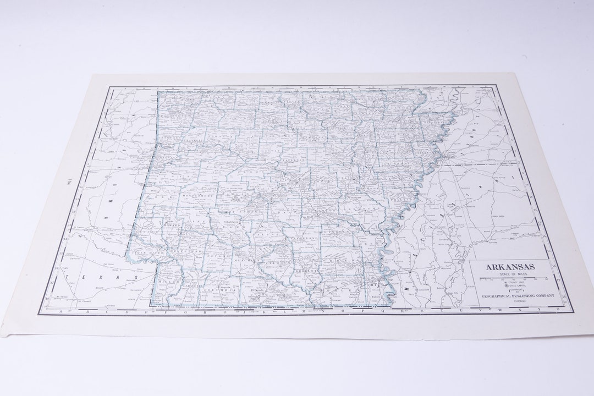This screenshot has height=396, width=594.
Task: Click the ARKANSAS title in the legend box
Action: coord(510,267)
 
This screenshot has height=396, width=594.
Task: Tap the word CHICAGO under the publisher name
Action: coord(520,302)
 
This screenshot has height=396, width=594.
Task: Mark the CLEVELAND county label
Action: coord(306,239)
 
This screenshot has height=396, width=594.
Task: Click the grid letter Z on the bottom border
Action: coord(558,310)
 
